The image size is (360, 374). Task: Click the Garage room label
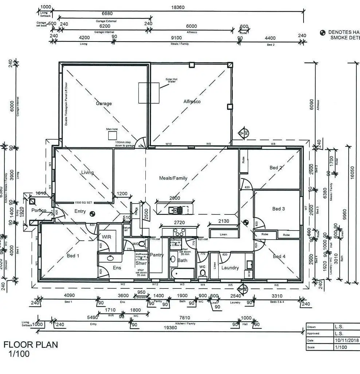click(104, 103)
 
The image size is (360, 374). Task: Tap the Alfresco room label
click(192, 102)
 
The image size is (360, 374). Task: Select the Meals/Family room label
click(173, 178)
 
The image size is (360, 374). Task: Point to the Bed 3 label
click(278, 209)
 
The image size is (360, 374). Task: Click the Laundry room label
click(230, 268)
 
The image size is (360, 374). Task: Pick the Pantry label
click(157, 255)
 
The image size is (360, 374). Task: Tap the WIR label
click(106, 237)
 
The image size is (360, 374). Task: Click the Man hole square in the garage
click(112, 135)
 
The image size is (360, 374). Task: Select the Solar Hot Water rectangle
click(149, 88)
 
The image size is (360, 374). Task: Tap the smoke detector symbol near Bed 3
click(246, 221)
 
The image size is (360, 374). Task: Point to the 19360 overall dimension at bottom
click(171, 328)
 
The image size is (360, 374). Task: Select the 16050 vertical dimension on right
click(352, 171)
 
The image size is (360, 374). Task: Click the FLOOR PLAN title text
click(31, 345)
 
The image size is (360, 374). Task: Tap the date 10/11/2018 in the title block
click(347, 340)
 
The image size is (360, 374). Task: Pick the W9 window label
click(208, 144)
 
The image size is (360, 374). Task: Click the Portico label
click(39, 210)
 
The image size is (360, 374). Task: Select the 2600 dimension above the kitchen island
click(175, 198)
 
